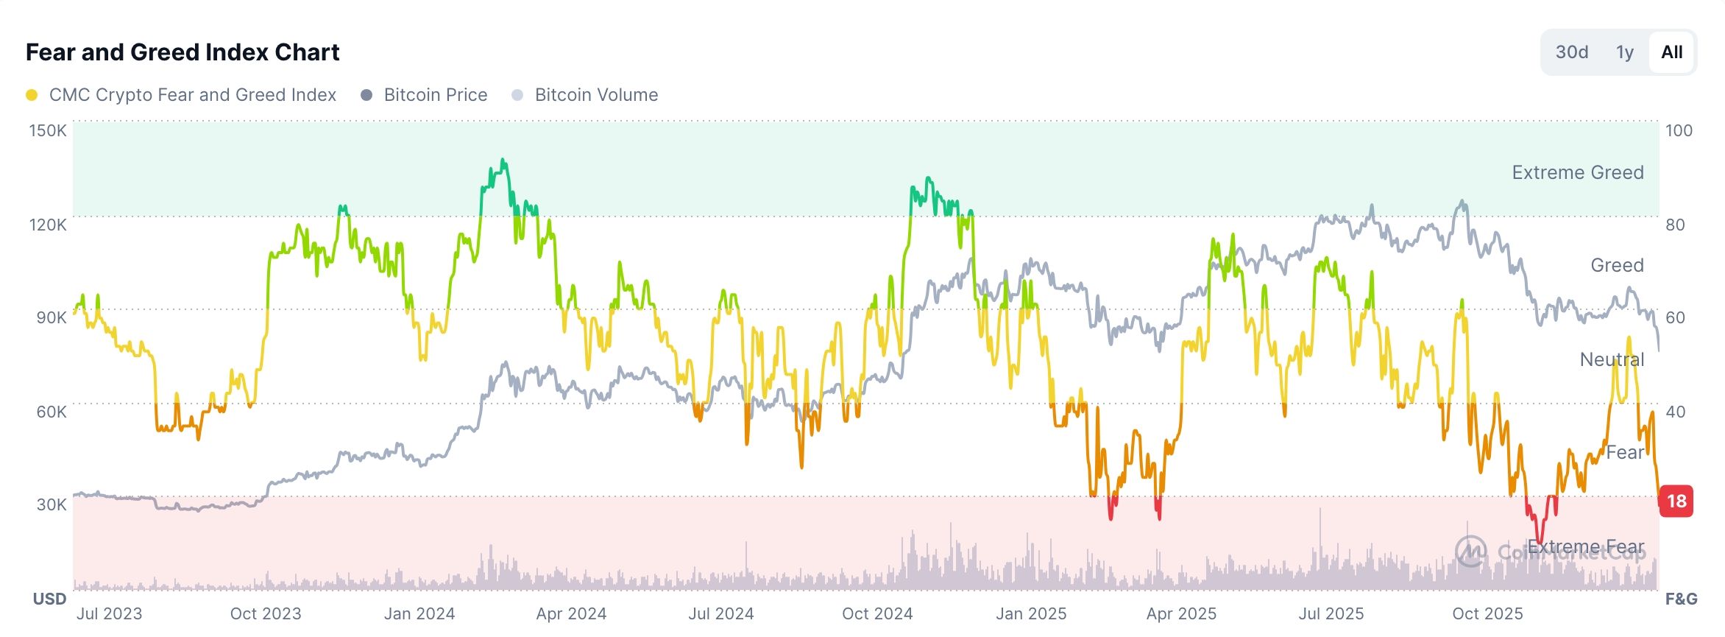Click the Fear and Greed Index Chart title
point(183,52)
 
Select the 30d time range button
point(1571,52)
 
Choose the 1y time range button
point(1624,52)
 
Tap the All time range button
point(1671,52)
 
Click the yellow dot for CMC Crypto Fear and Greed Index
point(32,95)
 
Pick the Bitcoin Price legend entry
point(435,95)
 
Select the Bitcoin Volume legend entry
point(595,95)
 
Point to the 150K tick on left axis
point(47,130)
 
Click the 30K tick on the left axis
point(51,504)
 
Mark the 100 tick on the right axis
point(1679,130)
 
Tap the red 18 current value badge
point(1676,501)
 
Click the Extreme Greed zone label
point(1577,172)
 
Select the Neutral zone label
point(1612,359)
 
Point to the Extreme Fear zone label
point(1585,546)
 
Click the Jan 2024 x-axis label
point(419,613)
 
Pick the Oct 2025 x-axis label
point(1487,613)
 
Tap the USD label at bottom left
point(49,599)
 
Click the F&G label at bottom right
point(1681,599)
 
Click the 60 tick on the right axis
point(1675,317)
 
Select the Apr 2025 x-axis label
point(1181,613)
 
